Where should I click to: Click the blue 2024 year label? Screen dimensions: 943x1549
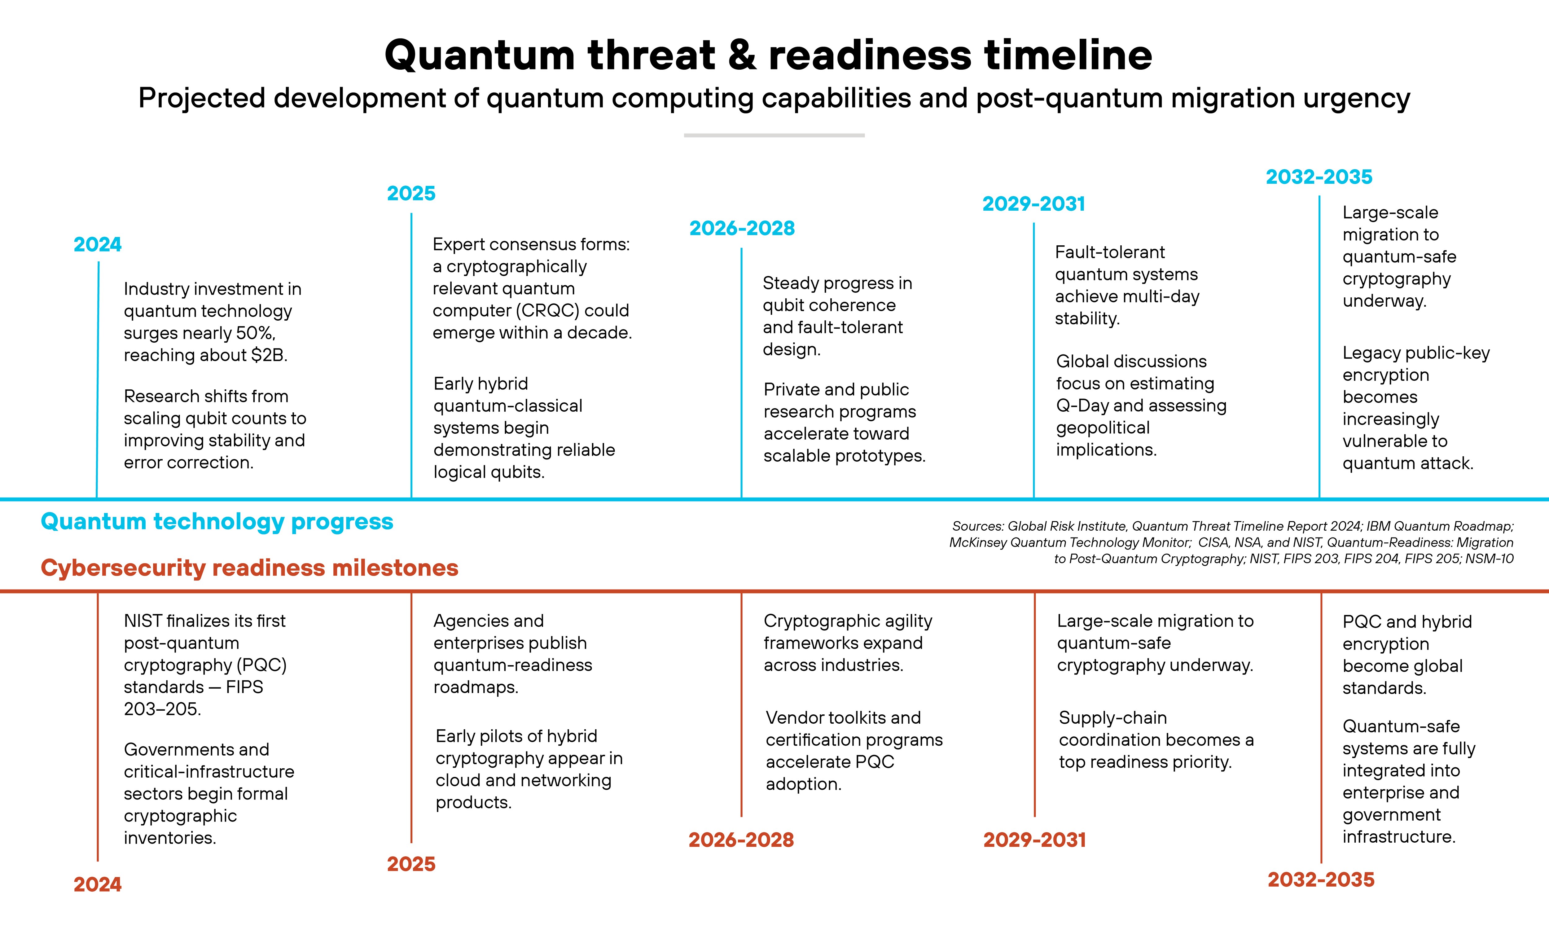tap(98, 244)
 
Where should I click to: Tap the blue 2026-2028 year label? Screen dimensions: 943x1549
tap(742, 228)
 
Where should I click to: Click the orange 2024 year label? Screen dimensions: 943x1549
tap(98, 884)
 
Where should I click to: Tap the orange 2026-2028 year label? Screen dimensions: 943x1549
tap(741, 840)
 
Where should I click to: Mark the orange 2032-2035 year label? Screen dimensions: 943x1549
tap(1321, 879)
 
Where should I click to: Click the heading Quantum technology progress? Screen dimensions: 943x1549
tap(217, 522)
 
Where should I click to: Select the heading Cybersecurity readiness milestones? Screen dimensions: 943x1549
tap(250, 568)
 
